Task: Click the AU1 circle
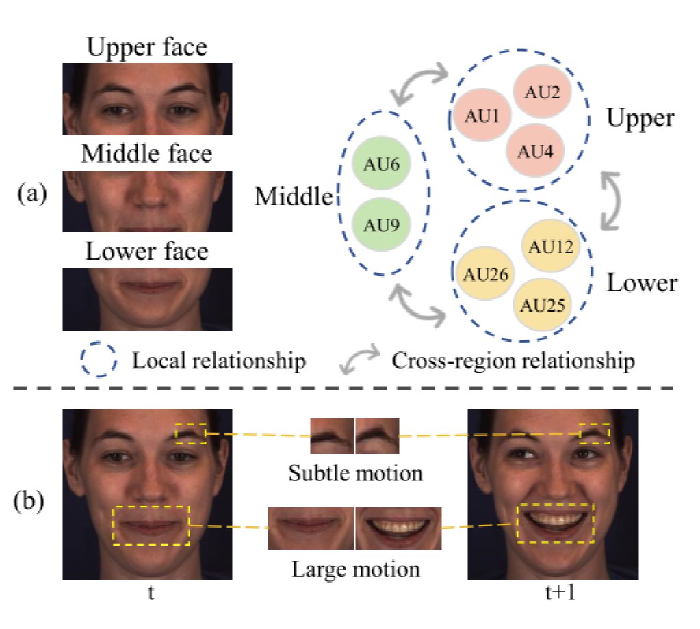(481, 116)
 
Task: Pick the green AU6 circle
(380, 165)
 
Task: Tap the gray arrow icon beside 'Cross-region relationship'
(359, 360)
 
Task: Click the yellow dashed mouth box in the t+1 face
(555, 523)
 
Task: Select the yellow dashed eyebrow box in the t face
(190, 433)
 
